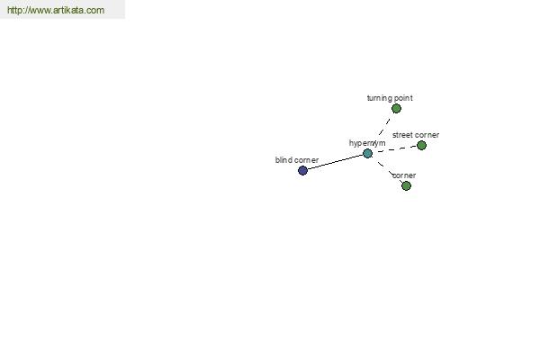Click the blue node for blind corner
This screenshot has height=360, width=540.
point(302,170)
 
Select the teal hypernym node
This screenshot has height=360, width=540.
point(368,153)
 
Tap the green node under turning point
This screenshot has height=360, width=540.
point(396,109)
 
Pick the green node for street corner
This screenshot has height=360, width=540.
point(421,146)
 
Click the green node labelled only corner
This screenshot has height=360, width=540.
point(407,185)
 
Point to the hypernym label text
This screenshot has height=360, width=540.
point(367,143)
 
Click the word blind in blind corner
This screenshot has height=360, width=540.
point(283,160)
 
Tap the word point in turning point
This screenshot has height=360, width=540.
point(403,98)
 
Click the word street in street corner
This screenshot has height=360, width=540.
point(402,135)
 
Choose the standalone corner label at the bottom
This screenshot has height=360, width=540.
point(404,175)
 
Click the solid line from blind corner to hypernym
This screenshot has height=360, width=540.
point(336,162)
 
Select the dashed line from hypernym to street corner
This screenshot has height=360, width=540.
point(397,148)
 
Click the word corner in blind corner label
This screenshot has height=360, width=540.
point(306,160)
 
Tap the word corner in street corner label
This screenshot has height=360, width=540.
point(427,135)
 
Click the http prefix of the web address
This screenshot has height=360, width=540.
point(14,10)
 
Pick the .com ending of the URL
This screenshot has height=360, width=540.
point(94,10)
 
